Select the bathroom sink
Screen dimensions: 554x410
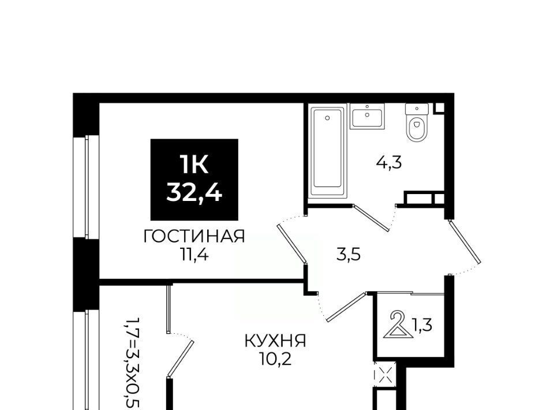[x=367, y=117]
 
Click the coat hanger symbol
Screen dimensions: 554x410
[x=398, y=325]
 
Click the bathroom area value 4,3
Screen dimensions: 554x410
[x=390, y=163]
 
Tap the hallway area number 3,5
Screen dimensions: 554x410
[x=349, y=254]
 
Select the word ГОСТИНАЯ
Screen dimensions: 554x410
[x=194, y=236]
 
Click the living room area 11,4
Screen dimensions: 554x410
[x=194, y=255]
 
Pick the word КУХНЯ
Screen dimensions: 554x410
[x=276, y=341]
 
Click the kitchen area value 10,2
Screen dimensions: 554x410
[x=276, y=359]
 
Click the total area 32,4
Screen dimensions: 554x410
[x=194, y=193]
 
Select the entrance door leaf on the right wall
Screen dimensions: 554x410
[x=465, y=242]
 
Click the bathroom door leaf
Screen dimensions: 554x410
[x=372, y=218]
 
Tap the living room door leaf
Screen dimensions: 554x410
[x=292, y=244]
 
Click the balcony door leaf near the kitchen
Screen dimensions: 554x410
[x=181, y=358]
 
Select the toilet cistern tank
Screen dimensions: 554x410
[x=417, y=109]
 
